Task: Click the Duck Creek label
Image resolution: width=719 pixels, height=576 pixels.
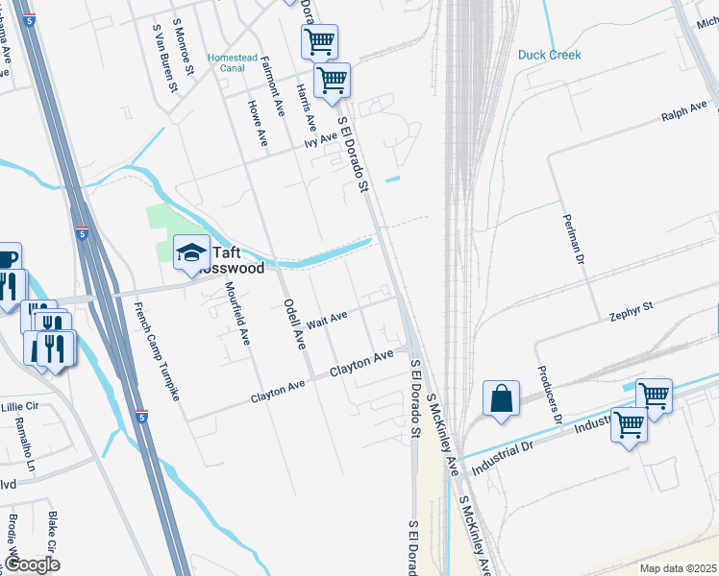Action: pyautogui.click(x=549, y=55)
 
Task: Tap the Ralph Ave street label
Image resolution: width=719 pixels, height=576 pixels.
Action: pyautogui.click(x=683, y=109)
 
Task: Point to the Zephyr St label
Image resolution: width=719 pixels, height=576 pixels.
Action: pyautogui.click(x=632, y=309)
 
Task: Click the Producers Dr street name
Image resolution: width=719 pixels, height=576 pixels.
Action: pyautogui.click(x=549, y=394)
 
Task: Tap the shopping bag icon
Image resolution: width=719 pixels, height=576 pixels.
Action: pyautogui.click(x=502, y=398)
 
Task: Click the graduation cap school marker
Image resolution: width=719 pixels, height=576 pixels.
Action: pyautogui.click(x=191, y=252)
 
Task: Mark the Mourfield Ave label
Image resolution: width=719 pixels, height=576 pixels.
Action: pyautogui.click(x=236, y=313)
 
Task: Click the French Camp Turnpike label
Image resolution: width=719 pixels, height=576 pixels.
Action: pyautogui.click(x=159, y=350)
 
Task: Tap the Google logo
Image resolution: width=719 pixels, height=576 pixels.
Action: pyautogui.click(x=34, y=564)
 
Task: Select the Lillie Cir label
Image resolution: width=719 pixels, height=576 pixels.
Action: pyautogui.click(x=19, y=407)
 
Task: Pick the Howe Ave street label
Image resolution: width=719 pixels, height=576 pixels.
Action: pyautogui.click(x=258, y=123)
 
